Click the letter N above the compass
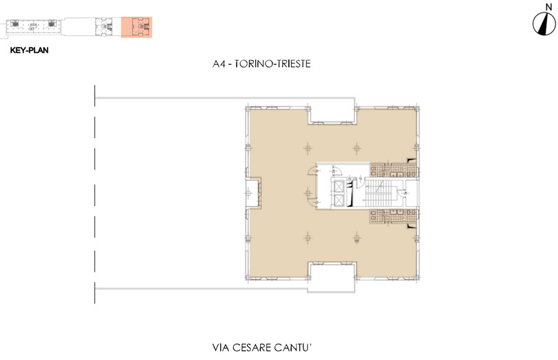[x=548, y=6]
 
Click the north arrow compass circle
[x=544, y=24]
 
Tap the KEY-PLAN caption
[x=29, y=50]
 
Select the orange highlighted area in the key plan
[x=137, y=27]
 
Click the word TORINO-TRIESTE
[x=272, y=64]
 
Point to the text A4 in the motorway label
[x=219, y=64]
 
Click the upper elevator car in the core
[x=339, y=186]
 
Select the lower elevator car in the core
[x=339, y=200]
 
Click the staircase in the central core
[x=379, y=193]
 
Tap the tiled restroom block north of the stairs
[x=393, y=170]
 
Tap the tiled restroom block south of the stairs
[x=393, y=217]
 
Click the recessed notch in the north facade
[x=332, y=115]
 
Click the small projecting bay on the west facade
[x=253, y=193]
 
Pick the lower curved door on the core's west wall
[x=313, y=202]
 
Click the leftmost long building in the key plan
[x=33, y=26]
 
